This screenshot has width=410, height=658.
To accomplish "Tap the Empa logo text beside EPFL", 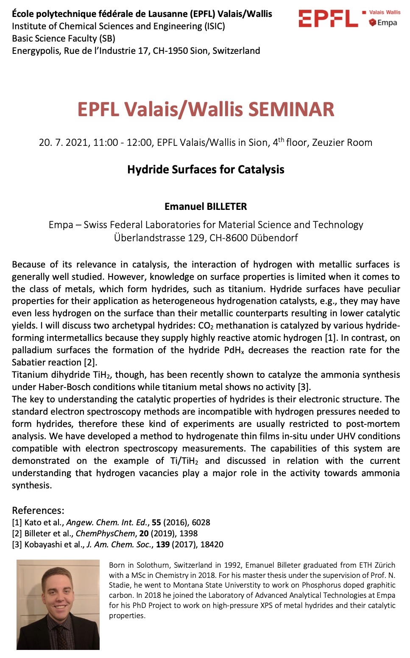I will tap(387, 22).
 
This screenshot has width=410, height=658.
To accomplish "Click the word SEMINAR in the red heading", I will tap(291, 109).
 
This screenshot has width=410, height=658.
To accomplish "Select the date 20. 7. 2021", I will tap(63, 142).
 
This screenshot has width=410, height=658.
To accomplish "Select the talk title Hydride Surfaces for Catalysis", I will tap(206, 170).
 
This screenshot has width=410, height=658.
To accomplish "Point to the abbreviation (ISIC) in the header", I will tap(215, 26).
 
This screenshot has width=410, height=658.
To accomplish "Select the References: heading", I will tap(38, 510).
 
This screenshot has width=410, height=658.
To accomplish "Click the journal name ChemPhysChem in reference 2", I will tap(105, 533).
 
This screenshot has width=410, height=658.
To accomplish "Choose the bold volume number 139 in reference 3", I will tap(163, 544).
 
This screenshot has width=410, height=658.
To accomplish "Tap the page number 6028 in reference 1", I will tap(201, 522).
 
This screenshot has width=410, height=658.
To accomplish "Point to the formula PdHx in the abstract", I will tap(234, 350).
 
